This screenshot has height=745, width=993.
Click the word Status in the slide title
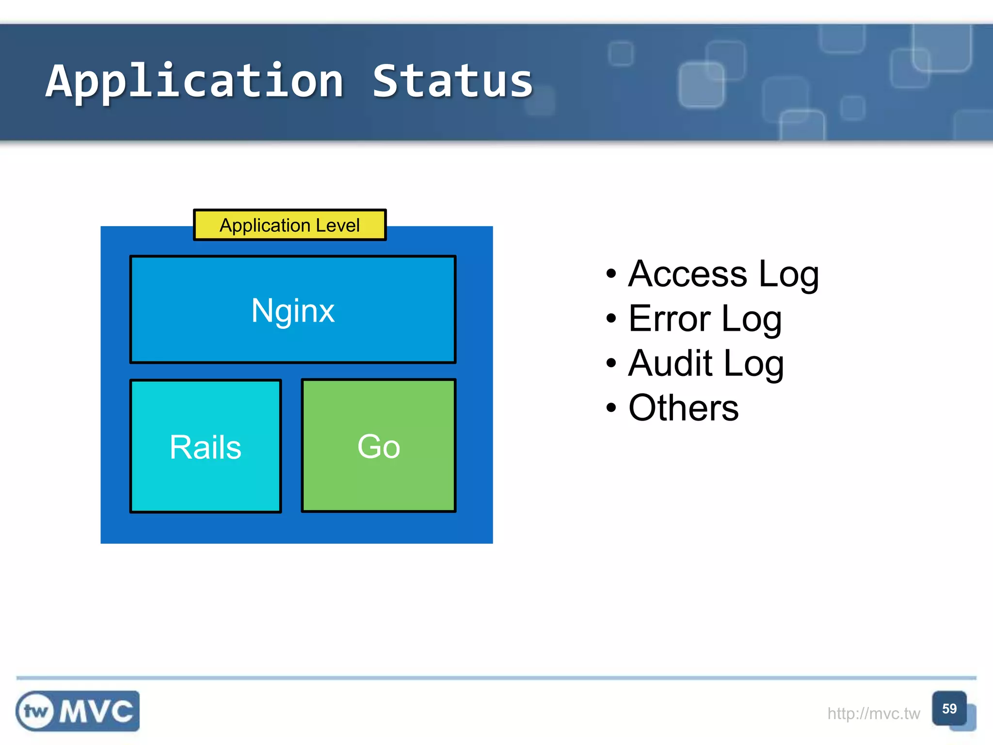[x=452, y=81]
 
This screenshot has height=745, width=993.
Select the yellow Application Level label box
[x=289, y=225]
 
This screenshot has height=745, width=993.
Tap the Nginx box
[x=293, y=309]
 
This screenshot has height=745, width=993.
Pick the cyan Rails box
[x=206, y=446]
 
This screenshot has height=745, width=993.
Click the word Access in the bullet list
[x=688, y=274]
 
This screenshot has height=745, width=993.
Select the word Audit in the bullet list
[x=670, y=363]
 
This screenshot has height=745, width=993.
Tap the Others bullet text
[x=683, y=408]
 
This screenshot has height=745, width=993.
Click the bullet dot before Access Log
[x=611, y=274]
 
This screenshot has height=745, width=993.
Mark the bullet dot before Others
[x=611, y=408]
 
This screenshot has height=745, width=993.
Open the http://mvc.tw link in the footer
[x=873, y=713]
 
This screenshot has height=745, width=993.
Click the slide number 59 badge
[x=949, y=709]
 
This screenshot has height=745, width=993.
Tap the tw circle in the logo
[x=35, y=712]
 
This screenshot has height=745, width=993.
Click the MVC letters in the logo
[x=96, y=712]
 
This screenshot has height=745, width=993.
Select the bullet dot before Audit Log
[x=611, y=363]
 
